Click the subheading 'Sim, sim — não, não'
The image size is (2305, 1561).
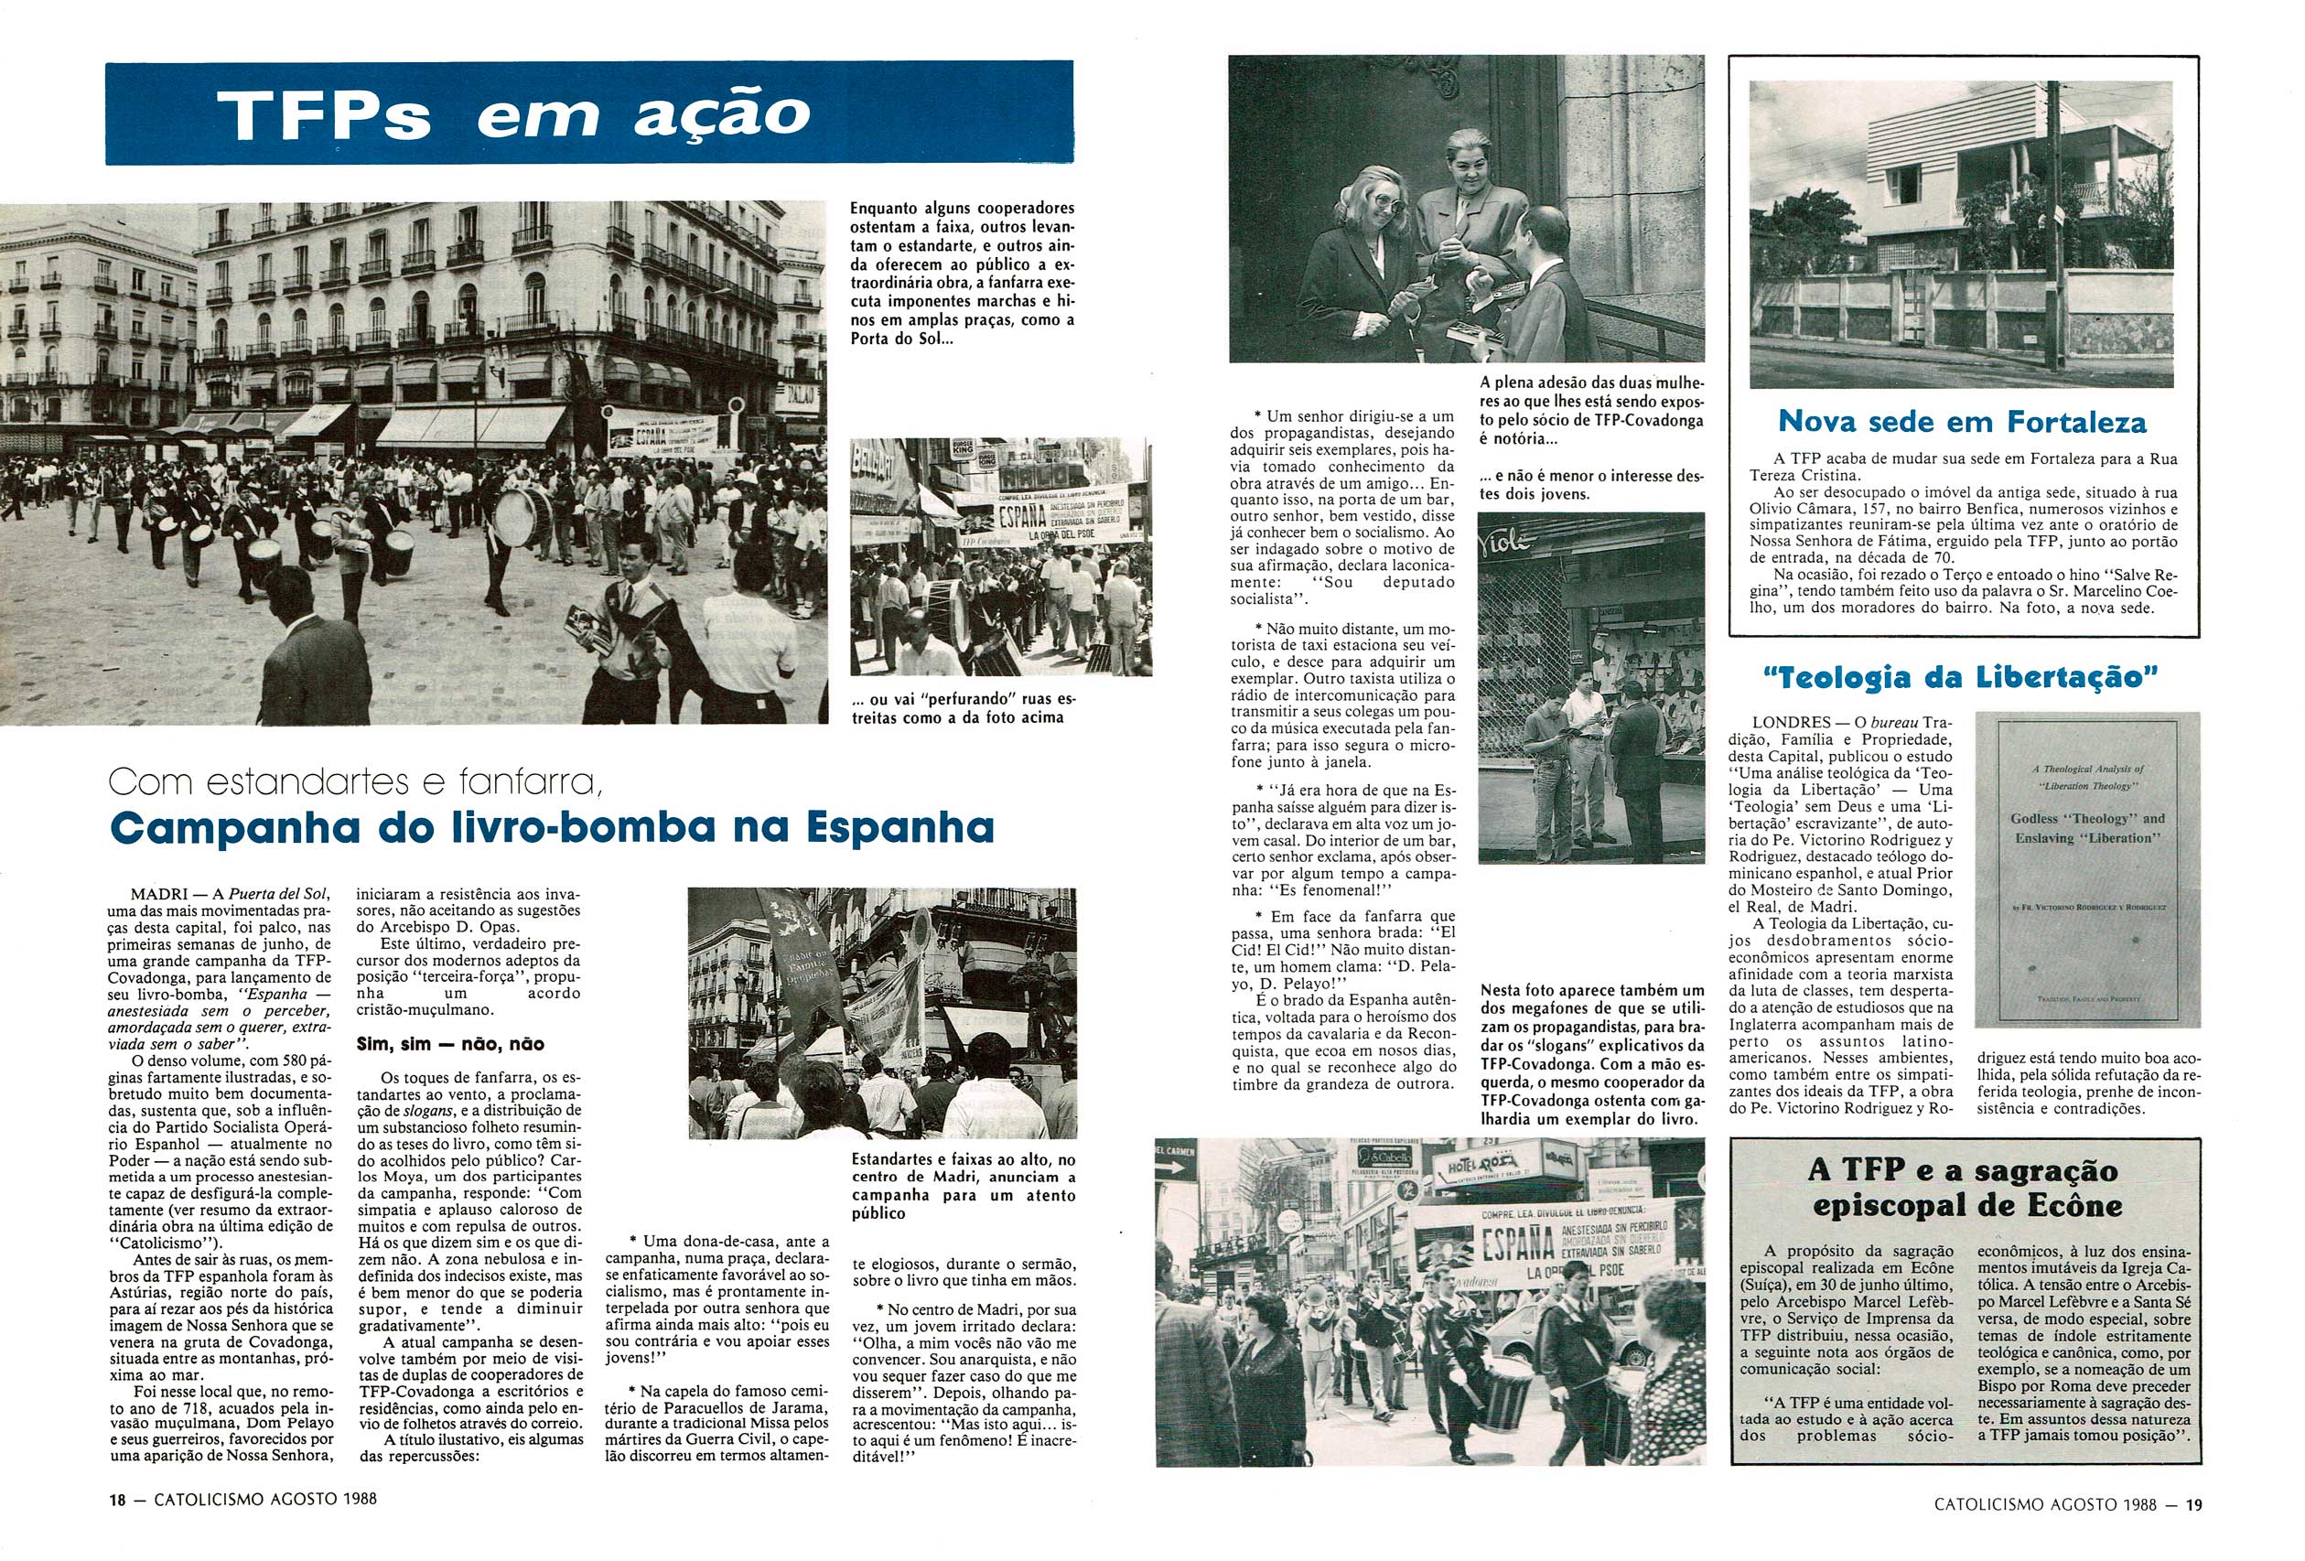[x=449, y=1043]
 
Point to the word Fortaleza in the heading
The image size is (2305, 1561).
[x=2076, y=422]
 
